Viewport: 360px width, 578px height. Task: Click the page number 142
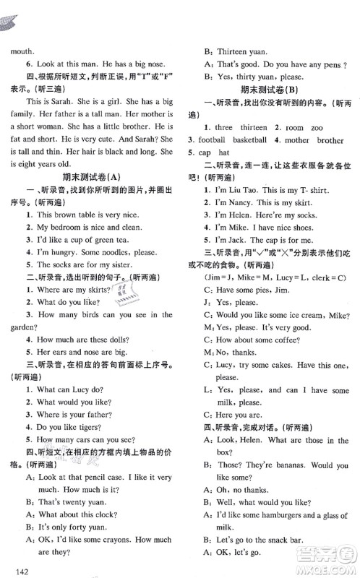pyautogui.click(x=21, y=572)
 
